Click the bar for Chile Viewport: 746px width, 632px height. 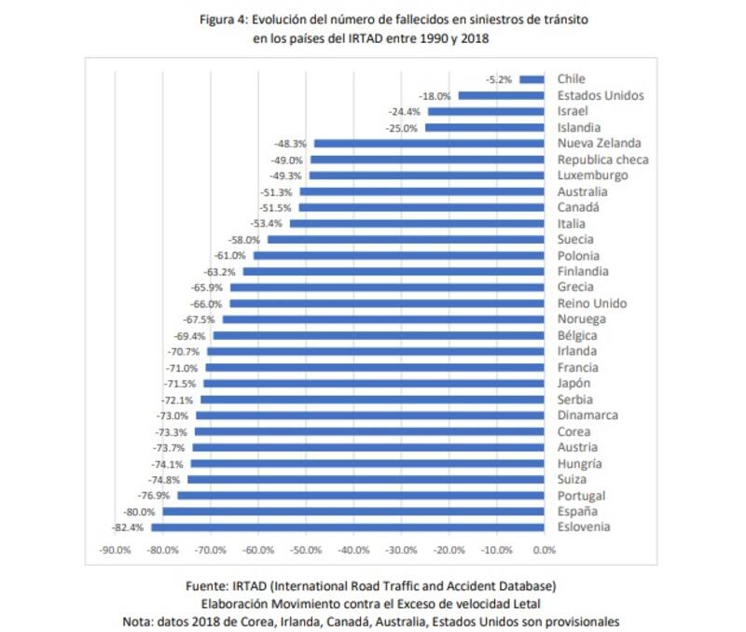pos(532,79)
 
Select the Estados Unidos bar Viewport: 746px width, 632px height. pos(501,95)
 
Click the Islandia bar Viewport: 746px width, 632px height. pos(484,127)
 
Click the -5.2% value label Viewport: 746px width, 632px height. pos(499,79)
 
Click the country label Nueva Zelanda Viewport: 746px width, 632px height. pos(599,143)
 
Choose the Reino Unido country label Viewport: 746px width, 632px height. pos(591,303)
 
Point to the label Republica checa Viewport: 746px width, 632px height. pos(602,160)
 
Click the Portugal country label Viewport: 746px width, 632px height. pos(581,496)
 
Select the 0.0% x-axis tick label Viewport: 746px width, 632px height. pos(544,550)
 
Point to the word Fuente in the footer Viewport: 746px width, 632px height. pos(213,585)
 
